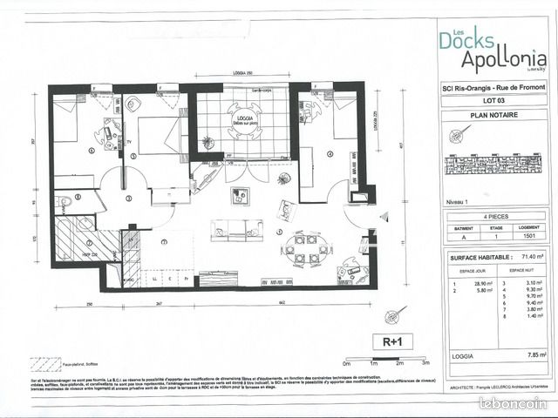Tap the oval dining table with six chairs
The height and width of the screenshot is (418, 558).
point(305,248)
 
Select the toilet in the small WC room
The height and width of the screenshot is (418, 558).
point(65,203)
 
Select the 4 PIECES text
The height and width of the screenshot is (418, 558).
point(493,214)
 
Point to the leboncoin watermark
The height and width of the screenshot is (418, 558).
point(512,402)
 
